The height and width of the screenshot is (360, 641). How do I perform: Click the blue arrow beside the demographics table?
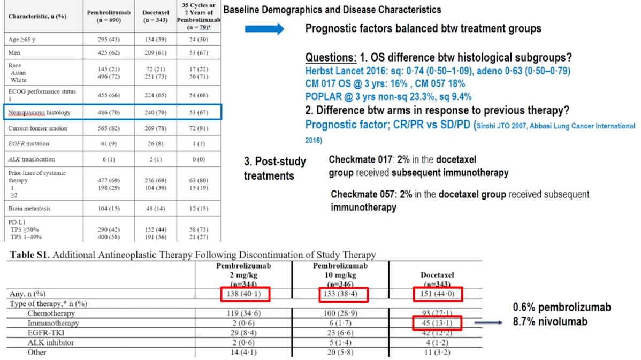[x=264, y=29]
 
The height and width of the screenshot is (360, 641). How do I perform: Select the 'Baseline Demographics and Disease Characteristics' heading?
[x=332, y=10]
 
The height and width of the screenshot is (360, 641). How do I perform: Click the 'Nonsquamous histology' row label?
[x=32, y=113]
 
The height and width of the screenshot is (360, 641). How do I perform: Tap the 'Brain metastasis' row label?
[x=29, y=208]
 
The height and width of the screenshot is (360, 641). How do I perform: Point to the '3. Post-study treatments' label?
[x=274, y=168]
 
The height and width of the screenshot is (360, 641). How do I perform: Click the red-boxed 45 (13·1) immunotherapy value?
[x=436, y=323]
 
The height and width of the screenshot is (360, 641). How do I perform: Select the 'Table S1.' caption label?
[x=27, y=255]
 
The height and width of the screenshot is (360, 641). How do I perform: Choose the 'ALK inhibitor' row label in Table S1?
[x=51, y=342]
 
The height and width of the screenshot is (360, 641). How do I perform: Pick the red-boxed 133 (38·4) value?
[x=339, y=294]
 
